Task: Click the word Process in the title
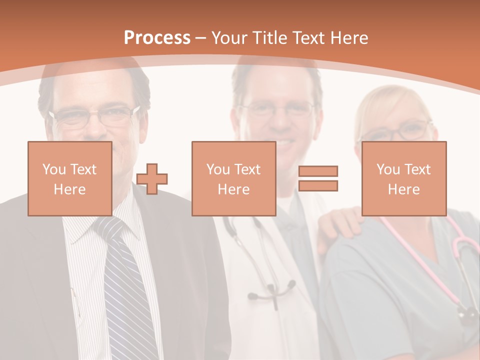(157, 38)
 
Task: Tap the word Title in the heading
(269, 38)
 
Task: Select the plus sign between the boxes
(152, 178)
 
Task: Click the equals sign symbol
(318, 178)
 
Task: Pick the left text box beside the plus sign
(69, 178)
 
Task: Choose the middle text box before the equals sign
(233, 178)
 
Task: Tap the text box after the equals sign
(403, 178)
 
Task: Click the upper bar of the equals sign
(318, 171)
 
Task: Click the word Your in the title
(229, 38)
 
